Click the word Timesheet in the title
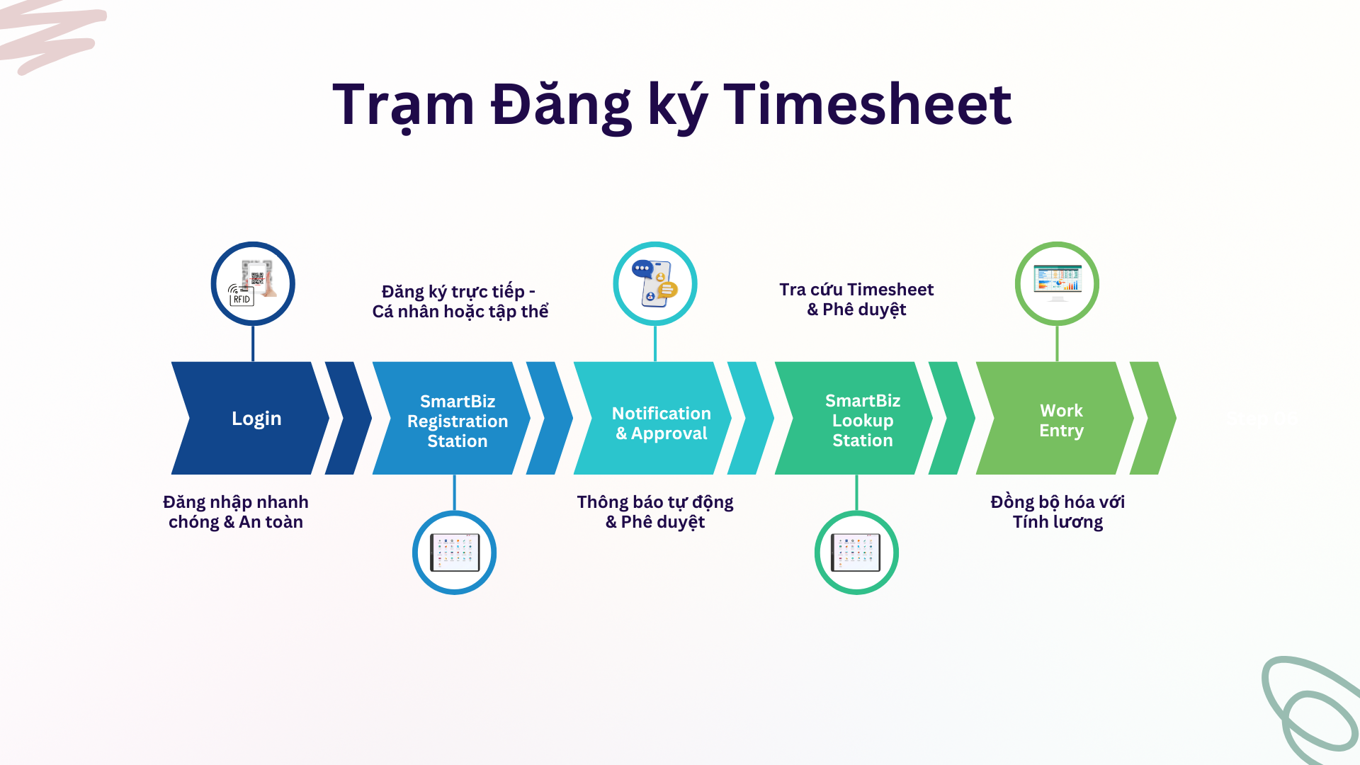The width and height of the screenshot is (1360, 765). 867,105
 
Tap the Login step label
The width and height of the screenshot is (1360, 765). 256,419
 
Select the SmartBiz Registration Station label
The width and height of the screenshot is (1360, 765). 458,421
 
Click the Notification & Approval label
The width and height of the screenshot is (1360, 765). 662,423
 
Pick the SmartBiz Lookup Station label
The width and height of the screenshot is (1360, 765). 863,420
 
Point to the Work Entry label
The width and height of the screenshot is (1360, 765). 1061,421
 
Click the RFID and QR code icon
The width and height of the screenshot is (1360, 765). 253,283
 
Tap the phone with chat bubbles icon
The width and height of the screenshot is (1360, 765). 655,283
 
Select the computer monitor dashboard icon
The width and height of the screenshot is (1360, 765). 1057,283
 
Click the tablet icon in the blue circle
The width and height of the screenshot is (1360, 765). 455,552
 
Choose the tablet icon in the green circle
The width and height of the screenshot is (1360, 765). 856,552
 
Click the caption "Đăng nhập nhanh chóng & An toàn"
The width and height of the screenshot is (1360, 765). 236,512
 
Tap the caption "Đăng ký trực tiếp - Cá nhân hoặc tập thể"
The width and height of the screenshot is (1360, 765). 460,301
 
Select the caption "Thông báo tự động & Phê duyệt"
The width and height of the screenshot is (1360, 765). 655,512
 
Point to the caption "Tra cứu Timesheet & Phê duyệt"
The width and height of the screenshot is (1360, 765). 856,300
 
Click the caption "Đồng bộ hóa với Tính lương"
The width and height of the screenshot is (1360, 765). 1058,512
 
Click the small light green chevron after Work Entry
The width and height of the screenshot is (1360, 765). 1153,418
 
